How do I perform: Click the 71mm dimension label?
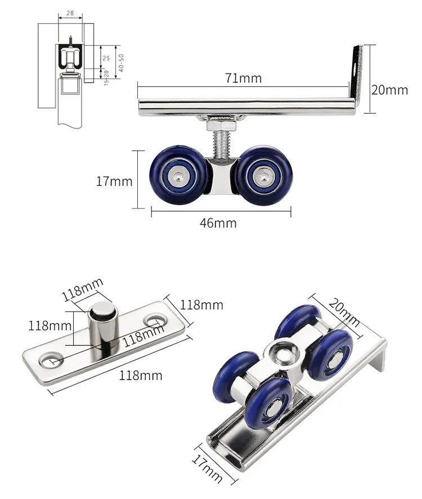(x=244, y=78)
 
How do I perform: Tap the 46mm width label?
(x=218, y=223)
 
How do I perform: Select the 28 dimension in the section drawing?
(x=70, y=12)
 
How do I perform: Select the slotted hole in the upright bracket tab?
(x=355, y=68)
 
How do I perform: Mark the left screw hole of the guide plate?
(x=52, y=359)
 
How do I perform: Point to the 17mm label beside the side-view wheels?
(x=114, y=181)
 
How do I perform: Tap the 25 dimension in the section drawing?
(x=106, y=58)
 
